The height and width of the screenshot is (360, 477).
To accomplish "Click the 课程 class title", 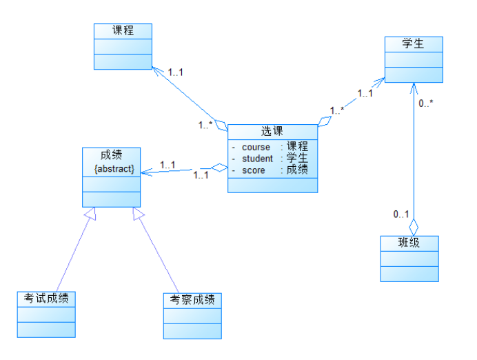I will tap(123, 30).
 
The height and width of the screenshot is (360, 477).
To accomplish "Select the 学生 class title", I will tap(414, 44).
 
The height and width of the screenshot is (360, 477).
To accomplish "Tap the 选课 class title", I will tap(272, 131).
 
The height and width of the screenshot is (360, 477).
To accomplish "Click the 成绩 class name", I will tap(111, 154).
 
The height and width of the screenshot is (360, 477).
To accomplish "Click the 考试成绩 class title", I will tap(46, 299).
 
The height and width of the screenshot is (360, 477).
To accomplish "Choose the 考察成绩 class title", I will tap(192, 299).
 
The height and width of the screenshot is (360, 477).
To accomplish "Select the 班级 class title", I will tap(409, 243).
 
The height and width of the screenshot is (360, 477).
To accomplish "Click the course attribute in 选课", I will tap(255, 147).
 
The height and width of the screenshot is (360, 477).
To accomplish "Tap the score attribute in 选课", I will tap(253, 170).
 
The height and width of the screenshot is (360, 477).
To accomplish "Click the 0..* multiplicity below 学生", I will tap(426, 103).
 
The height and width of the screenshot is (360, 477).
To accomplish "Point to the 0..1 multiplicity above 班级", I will tap(400, 214).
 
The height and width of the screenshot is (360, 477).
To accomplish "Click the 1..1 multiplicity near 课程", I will tap(176, 71).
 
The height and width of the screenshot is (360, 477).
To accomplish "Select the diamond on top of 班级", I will tap(413, 226).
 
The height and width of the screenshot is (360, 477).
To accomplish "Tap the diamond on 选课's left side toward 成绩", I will tap(219, 167).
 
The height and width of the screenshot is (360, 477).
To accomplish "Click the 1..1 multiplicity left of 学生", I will tap(365, 93).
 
